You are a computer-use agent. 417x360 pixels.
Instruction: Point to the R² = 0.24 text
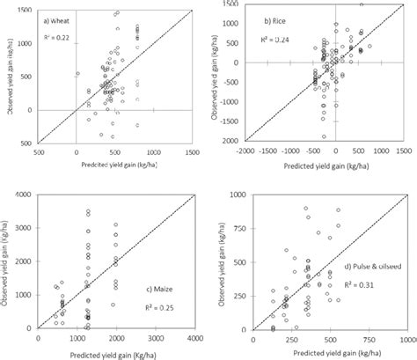[x=274, y=39]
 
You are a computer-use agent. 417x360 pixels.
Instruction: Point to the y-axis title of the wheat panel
[x=7, y=75]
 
